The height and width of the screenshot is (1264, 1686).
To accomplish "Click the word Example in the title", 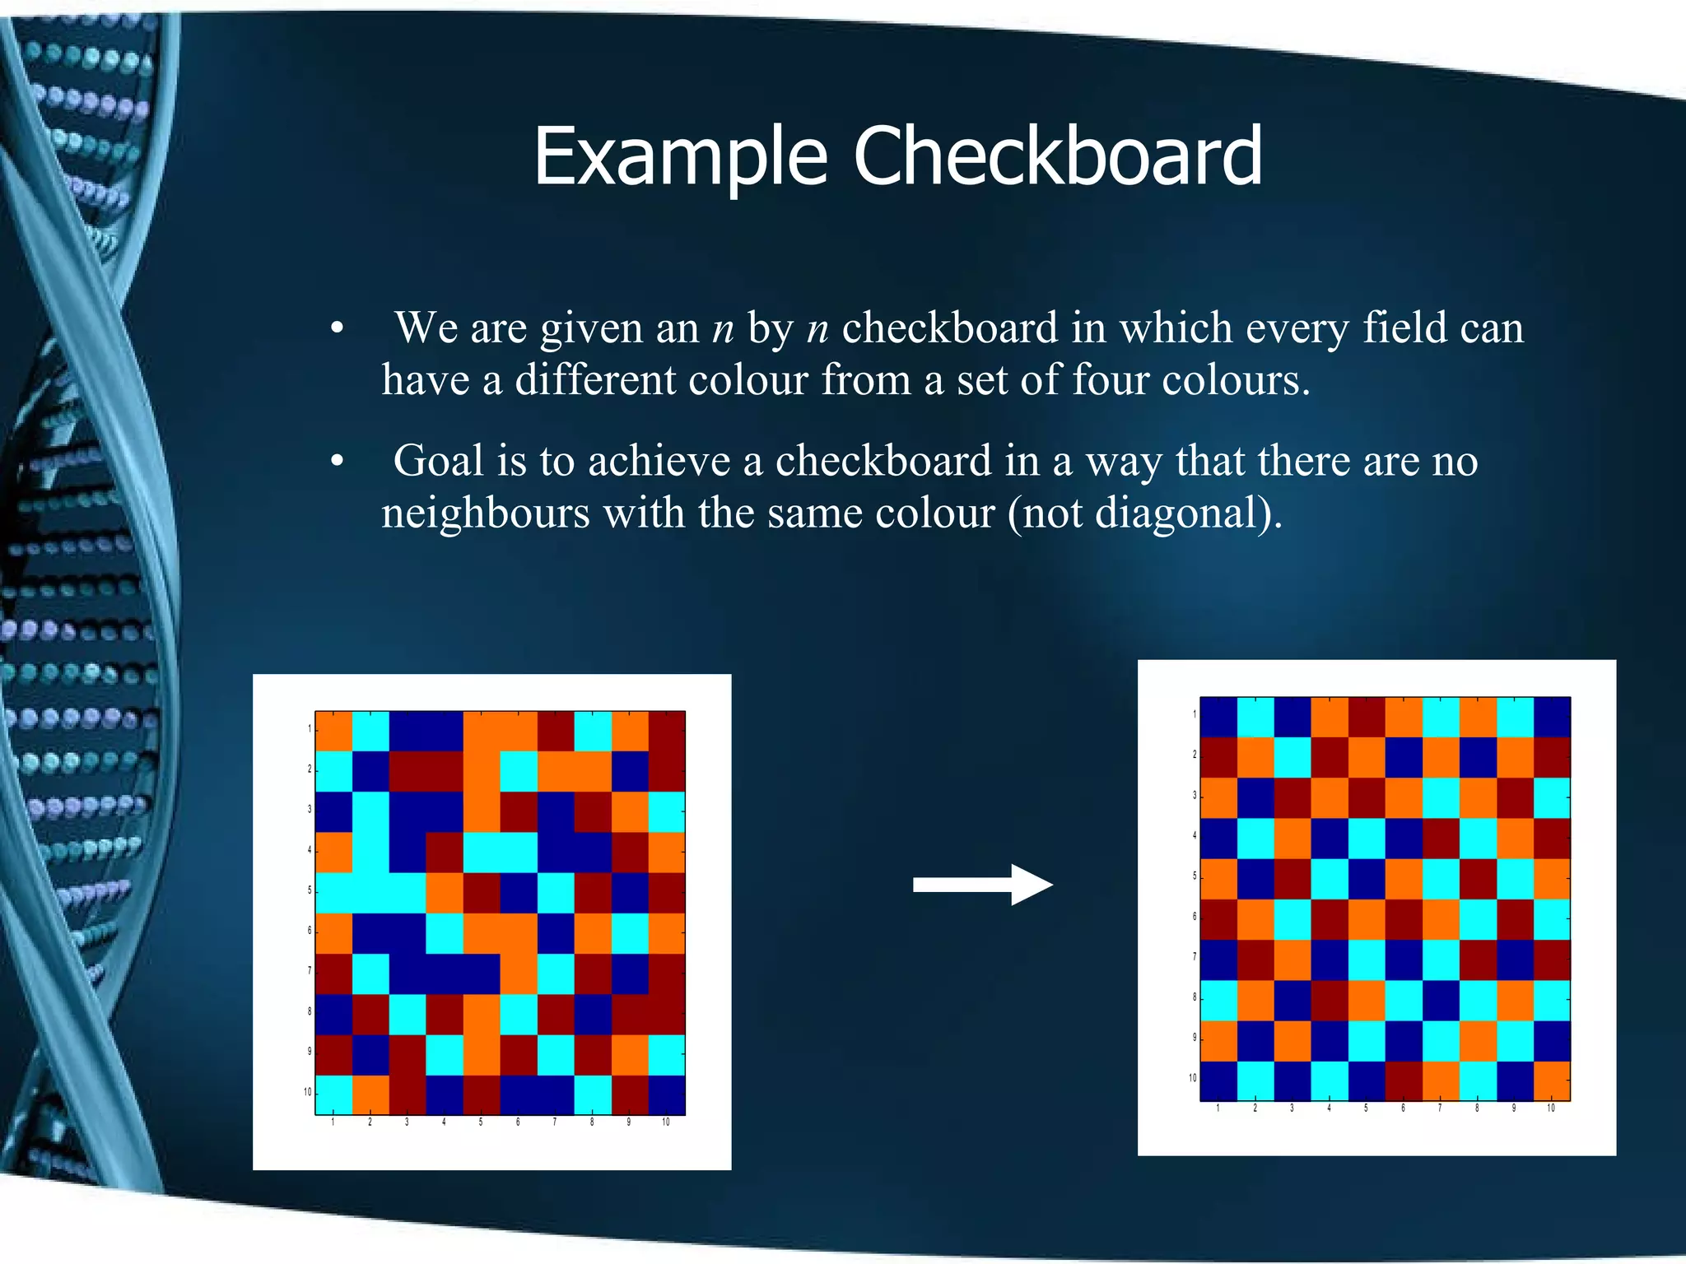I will click(x=680, y=158).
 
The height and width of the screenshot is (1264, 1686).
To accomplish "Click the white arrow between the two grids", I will click(x=983, y=885).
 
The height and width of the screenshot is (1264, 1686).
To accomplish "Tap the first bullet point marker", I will click(x=337, y=329).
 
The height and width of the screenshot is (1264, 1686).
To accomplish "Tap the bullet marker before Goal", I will click(x=337, y=462).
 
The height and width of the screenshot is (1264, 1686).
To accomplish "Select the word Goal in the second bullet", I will click(x=438, y=461).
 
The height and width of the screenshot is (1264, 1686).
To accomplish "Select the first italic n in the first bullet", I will click(x=723, y=329).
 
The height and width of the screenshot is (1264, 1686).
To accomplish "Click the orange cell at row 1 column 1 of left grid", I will click(x=333, y=731).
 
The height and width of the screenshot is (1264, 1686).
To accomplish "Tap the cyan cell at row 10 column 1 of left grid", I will click(x=333, y=1094).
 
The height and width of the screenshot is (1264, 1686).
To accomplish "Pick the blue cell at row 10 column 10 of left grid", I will click(x=667, y=1094).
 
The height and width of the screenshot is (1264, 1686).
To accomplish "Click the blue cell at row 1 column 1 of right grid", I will click(x=1218, y=717).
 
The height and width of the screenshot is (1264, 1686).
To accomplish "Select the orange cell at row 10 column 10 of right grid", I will click(x=1552, y=1080).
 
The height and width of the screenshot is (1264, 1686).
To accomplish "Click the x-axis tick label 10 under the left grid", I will click(x=666, y=1122).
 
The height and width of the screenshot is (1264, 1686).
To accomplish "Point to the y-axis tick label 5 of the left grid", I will click(x=310, y=890).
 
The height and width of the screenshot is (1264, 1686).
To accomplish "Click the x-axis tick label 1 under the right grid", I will click(x=1218, y=1108).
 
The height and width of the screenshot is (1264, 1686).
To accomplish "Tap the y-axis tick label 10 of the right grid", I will click(x=1192, y=1077).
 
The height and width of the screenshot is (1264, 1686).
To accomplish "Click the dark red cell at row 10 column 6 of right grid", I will click(x=1404, y=1080).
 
